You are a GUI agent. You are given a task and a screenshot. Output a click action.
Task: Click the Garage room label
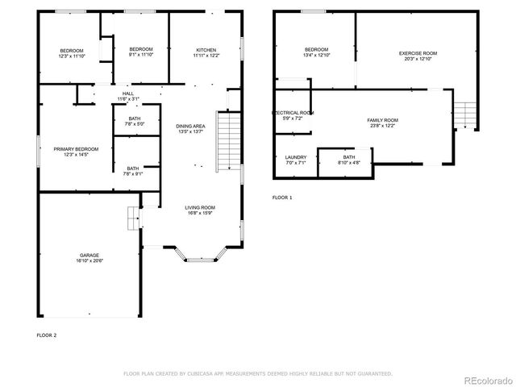90,255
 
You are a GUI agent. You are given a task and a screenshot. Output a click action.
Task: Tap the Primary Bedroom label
76,149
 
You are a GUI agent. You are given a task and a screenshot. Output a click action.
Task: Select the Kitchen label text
206,49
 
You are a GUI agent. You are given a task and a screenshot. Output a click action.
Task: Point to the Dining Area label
190,126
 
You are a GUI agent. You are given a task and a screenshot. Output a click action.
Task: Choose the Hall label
128,94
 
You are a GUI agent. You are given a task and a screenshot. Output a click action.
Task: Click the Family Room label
383,119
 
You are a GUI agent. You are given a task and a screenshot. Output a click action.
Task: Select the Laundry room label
296,157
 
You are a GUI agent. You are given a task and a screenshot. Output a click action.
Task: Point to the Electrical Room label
292,113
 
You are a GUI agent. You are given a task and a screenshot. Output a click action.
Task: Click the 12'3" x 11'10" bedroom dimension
71,56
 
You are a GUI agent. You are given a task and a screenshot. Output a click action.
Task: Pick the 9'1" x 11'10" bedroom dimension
141,56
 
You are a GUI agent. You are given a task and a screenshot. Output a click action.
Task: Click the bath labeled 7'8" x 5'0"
134,121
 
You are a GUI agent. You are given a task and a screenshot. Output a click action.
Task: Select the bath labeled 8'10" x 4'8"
348,160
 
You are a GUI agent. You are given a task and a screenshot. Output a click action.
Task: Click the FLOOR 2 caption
47,334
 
